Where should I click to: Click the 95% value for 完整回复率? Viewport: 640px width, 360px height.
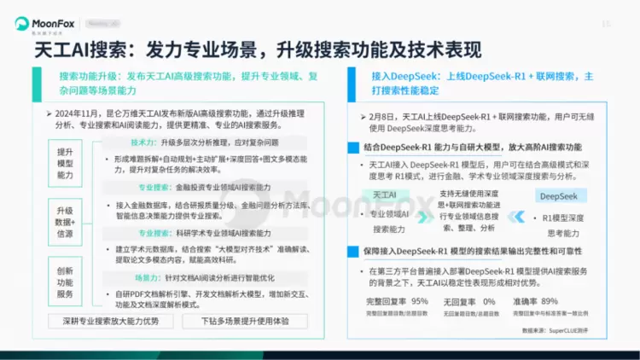[420, 301]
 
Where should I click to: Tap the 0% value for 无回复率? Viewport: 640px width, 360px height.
[489, 301]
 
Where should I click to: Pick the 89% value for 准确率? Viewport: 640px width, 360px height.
[550, 301]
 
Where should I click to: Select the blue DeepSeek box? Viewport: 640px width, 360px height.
[559, 195]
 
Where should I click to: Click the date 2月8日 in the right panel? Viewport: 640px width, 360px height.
[383, 115]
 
